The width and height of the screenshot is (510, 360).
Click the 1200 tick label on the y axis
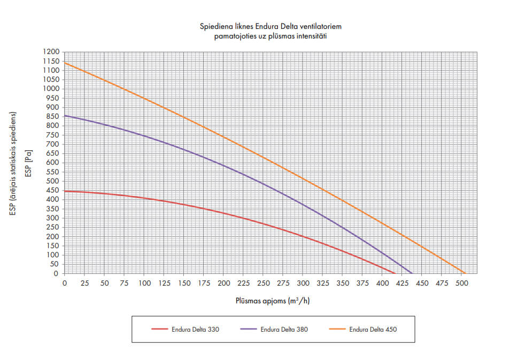coord(52,52)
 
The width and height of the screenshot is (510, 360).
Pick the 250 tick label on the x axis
coord(263,283)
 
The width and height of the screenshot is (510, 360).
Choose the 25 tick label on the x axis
coord(84,283)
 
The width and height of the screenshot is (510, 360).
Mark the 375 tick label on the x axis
coord(362,283)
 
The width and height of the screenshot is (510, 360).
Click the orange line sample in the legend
coord(337,330)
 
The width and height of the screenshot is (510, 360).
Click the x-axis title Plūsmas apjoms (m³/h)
coord(273,301)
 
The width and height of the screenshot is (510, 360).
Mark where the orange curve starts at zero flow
coord(65,63)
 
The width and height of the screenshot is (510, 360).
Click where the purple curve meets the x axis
coord(412,273)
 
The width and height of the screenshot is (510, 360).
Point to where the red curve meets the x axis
coord(395,273)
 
